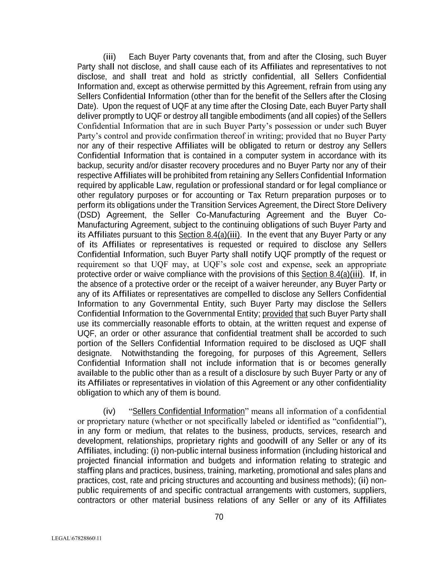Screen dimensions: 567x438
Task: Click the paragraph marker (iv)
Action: (109, 411)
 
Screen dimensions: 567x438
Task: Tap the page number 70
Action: (219, 517)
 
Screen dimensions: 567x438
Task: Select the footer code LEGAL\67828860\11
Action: (76, 538)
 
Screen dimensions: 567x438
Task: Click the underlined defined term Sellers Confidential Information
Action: (188, 411)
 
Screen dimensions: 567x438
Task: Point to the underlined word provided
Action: (278, 314)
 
